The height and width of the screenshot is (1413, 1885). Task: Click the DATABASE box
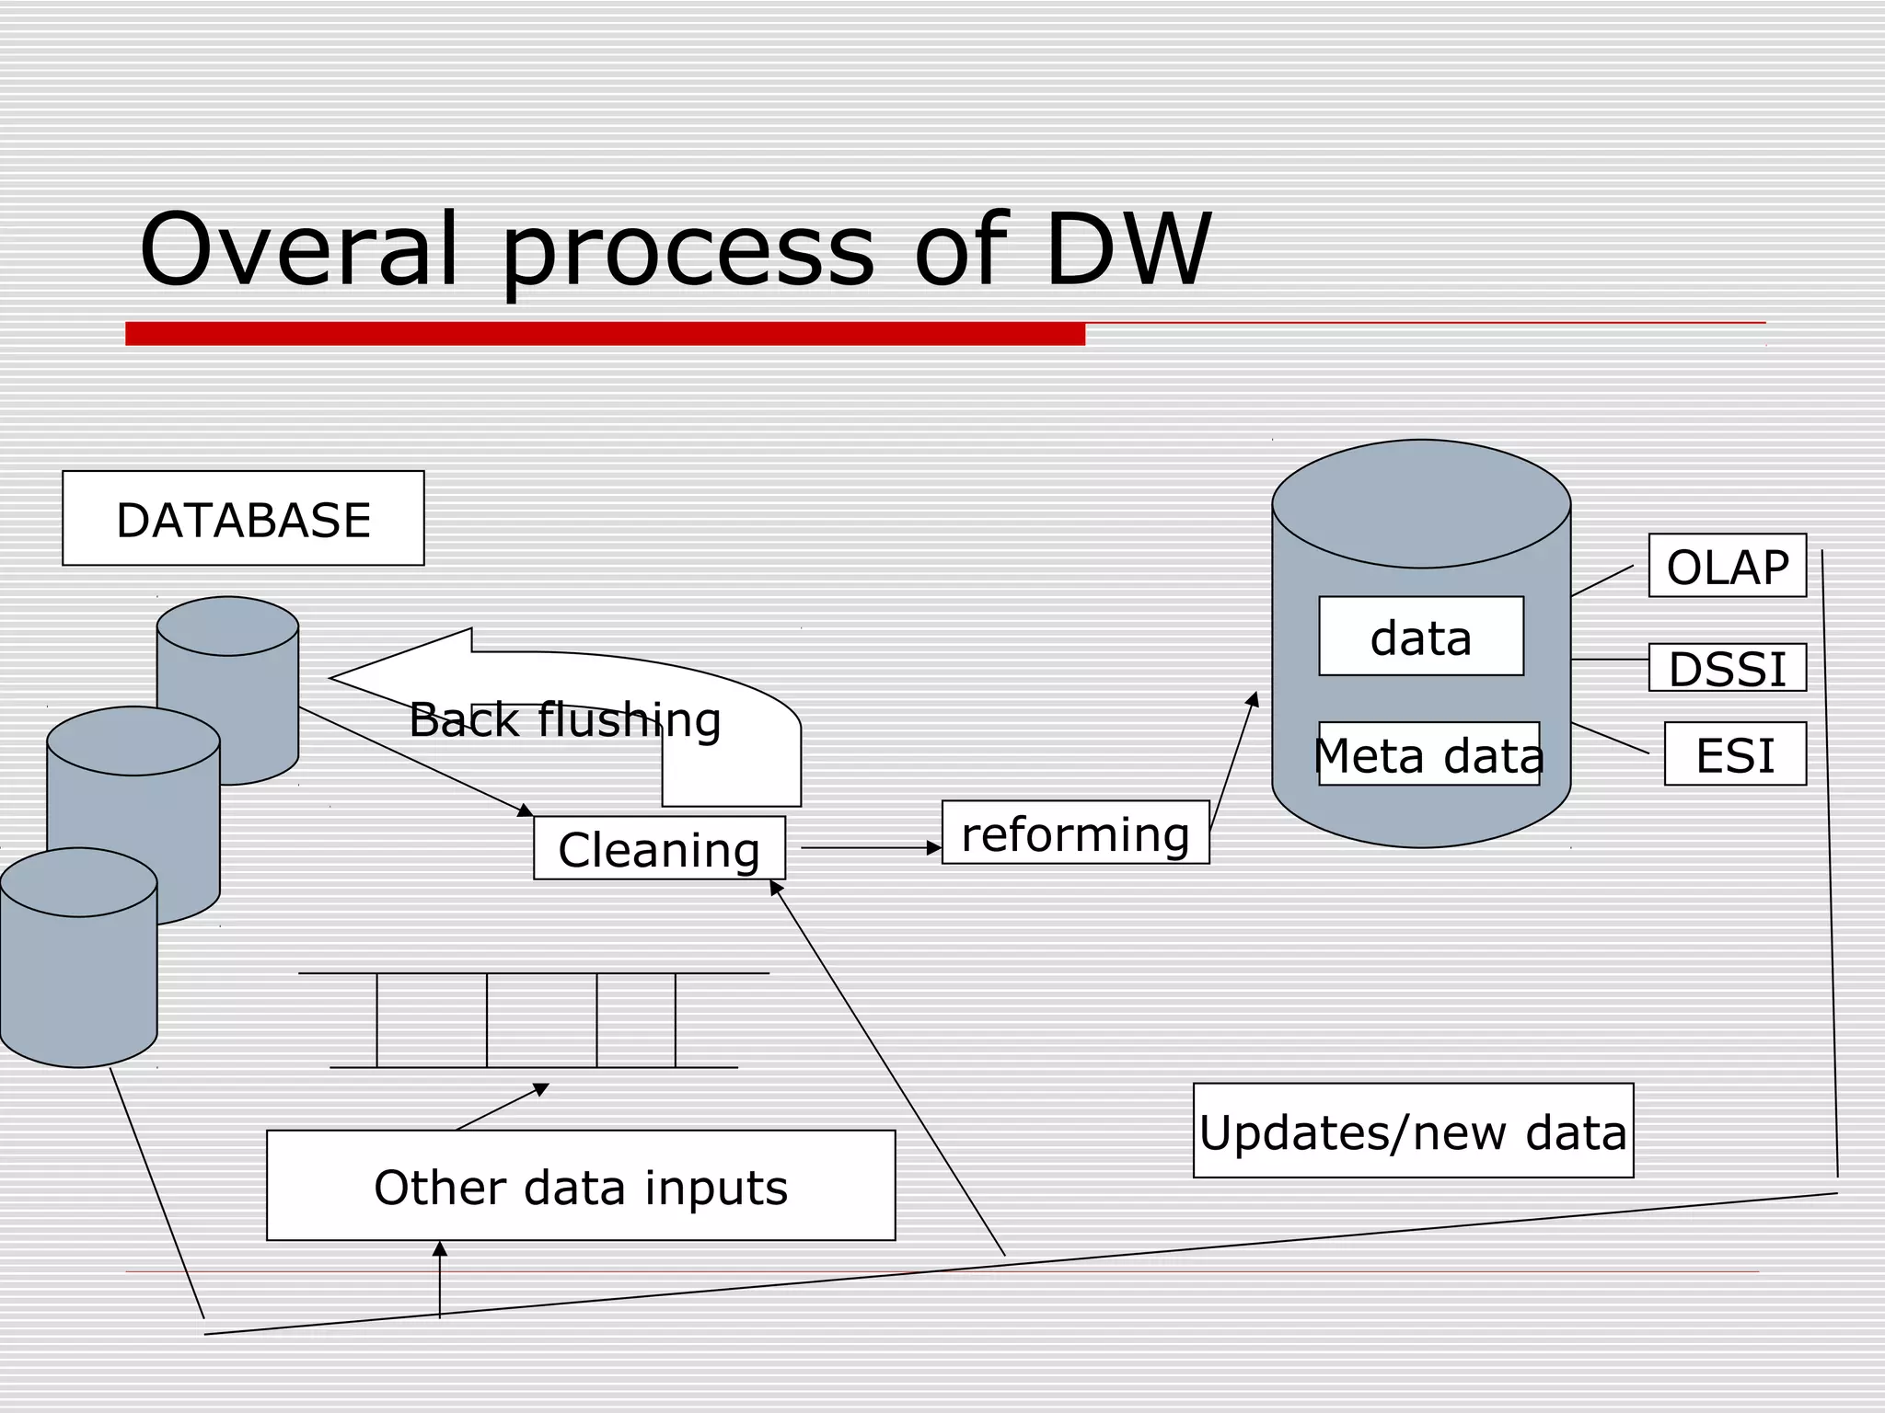pyautogui.click(x=243, y=519)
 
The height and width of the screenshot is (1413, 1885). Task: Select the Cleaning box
pyautogui.click(x=659, y=848)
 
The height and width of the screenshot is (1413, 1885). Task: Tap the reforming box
pyautogui.click(x=1075, y=833)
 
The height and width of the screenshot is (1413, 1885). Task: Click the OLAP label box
pyautogui.click(x=1727, y=566)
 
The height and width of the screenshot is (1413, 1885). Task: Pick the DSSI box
pyautogui.click(x=1727, y=668)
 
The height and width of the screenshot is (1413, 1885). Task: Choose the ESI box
pyautogui.click(x=1735, y=754)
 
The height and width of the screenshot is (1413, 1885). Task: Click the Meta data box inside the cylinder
pyautogui.click(x=1428, y=754)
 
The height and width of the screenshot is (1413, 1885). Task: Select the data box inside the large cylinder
pyautogui.click(x=1420, y=637)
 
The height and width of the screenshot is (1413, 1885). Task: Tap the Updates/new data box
pyautogui.click(x=1413, y=1131)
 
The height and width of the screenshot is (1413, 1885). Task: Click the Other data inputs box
pyautogui.click(x=581, y=1186)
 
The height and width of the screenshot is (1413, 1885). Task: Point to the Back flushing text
pyautogui.click(x=564, y=719)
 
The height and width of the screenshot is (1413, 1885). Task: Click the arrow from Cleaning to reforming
pyautogui.click(x=870, y=847)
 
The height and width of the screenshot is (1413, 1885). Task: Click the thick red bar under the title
pyautogui.click(x=605, y=333)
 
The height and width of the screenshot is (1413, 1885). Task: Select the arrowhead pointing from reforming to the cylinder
pyautogui.click(x=1253, y=700)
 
